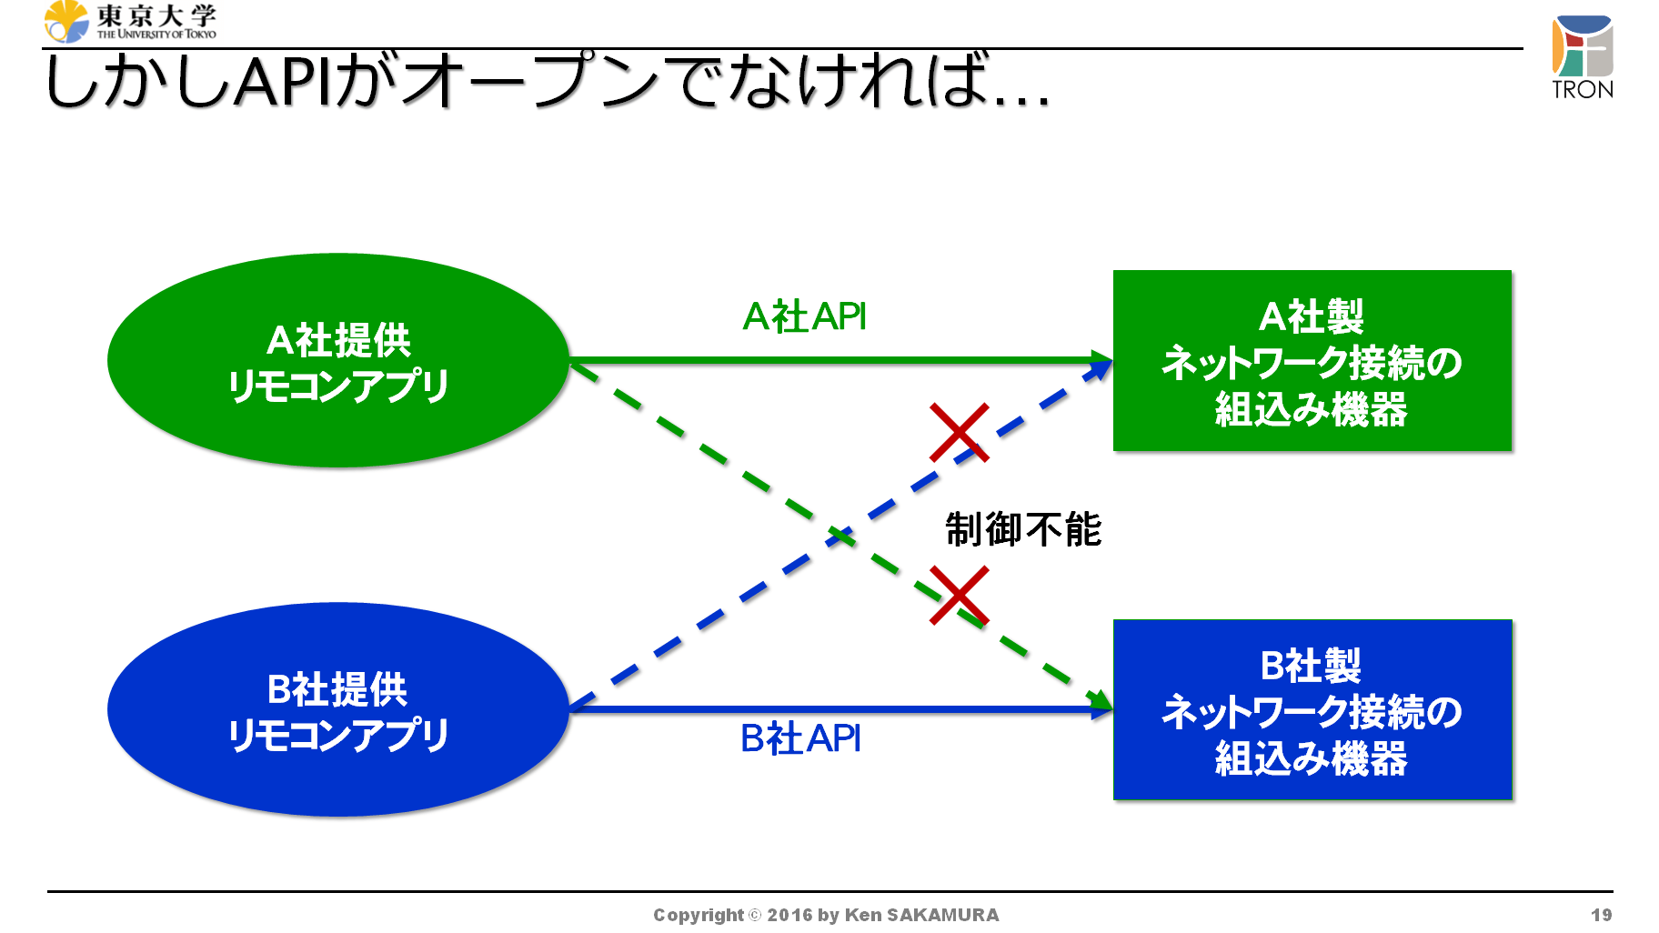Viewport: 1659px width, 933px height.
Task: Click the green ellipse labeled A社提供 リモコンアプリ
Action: click(338, 360)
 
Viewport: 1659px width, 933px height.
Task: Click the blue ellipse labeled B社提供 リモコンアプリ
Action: click(338, 709)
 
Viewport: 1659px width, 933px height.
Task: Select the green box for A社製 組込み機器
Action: click(1312, 360)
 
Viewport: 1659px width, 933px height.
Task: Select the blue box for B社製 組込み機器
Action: click(1312, 709)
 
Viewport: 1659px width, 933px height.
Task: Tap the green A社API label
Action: click(804, 316)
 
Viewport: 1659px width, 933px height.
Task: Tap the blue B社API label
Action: click(800, 738)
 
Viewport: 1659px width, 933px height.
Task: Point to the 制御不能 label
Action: click(1023, 529)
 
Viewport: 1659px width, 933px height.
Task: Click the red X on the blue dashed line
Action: click(959, 432)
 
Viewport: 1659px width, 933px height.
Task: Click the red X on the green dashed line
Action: click(959, 596)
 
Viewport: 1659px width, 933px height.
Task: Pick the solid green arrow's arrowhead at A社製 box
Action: click(1102, 360)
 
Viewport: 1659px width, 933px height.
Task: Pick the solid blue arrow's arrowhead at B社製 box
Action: click(1102, 709)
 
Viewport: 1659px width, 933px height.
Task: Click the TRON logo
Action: click(1583, 56)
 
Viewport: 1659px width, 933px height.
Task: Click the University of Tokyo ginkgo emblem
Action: click(66, 22)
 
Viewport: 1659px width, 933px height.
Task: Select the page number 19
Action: click(1602, 915)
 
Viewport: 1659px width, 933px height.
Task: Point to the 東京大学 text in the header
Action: click(156, 15)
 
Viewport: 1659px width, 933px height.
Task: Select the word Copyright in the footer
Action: click(699, 915)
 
